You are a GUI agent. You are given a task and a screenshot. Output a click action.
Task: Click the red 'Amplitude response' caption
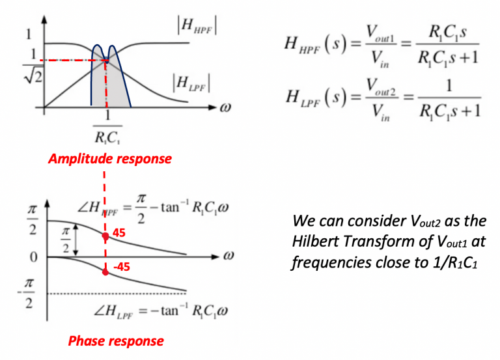pyautogui.click(x=109, y=159)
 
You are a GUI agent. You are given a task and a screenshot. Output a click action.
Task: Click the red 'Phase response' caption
pyautogui.click(x=116, y=340)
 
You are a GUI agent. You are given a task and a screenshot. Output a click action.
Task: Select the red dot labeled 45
pyautogui.click(x=105, y=237)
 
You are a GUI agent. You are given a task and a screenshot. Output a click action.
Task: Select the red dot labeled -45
pyautogui.click(x=105, y=271)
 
